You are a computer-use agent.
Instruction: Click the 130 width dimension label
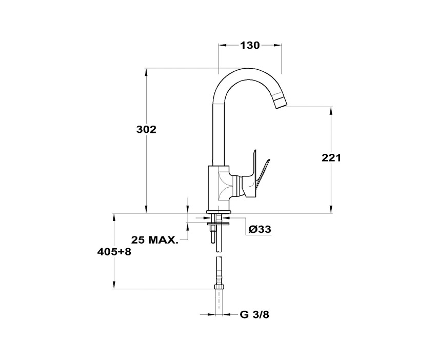(249, 45)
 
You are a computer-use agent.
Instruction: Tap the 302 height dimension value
(146, 129)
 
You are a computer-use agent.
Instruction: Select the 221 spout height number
(331, 157)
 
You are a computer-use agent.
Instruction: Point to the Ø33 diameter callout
(260, 229)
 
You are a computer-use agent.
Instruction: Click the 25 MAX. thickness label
(154, 239)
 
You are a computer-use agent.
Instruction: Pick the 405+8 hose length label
(114, 252)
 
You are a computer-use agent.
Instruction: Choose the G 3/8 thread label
(254, 315)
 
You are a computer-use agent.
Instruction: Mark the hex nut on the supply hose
(219, 287)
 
